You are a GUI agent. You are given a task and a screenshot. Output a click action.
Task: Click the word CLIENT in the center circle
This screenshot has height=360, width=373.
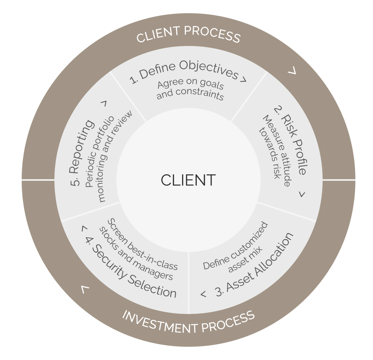[188, 180]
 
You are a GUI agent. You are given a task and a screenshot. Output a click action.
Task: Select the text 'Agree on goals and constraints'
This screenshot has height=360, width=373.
[191, 89]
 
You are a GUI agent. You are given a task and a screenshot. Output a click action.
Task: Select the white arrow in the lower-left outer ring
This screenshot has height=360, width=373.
[85, 289]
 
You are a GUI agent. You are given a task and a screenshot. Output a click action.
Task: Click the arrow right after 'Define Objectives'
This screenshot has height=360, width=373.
[243, 80]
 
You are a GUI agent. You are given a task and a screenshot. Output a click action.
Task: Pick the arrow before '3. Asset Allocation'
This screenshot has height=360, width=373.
[203, 294]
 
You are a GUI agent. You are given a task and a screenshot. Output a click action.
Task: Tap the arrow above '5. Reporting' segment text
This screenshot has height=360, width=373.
[104, 103]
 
